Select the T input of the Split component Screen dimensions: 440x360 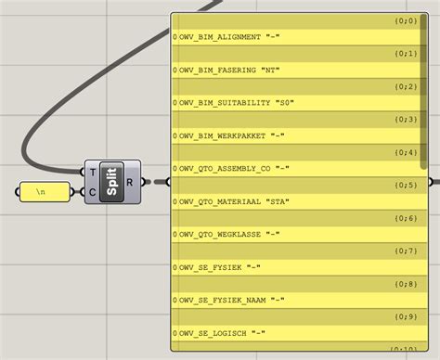pyautogui.click(x=94, y=172)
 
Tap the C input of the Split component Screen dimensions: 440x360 pyautogui.click(x=94, y=193)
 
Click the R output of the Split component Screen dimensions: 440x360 pyautogui.click(x=130, y=182)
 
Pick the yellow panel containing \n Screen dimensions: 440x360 pyautogui.click(x=43, y=193)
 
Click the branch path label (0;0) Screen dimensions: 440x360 pyautogui.click(x=406, y=19)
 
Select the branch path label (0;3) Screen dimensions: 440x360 pyautogui.click(x=406, y=120)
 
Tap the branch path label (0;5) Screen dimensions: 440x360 pyautogui.click(x=406, y=186)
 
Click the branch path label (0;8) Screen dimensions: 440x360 pyautogui.click(x=406, y=285)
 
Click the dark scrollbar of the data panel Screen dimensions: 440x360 pyautogui.click(x=424, y=84)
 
